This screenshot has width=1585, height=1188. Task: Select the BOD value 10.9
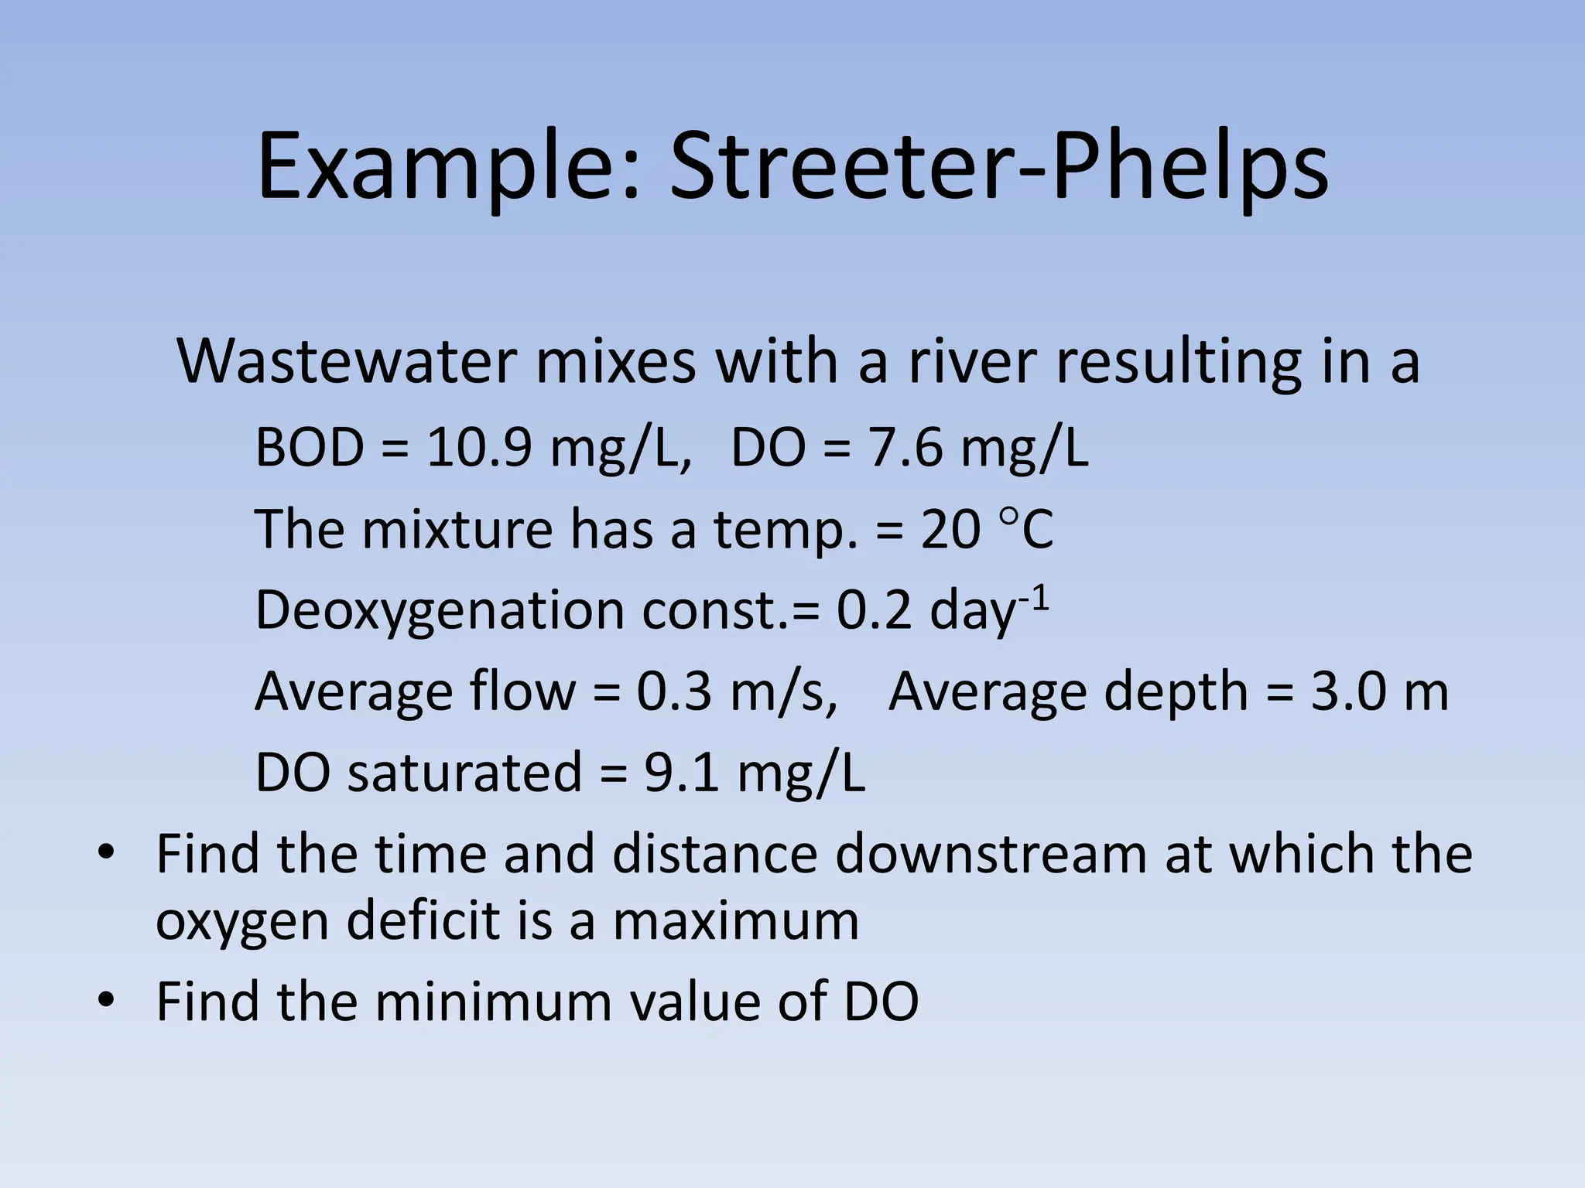(x=479, y=448)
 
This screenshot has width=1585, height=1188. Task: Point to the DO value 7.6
(x=905, y=448)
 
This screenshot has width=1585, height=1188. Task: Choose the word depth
(x=1176, y=693)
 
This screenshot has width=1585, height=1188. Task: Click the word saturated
(x=464, y=773)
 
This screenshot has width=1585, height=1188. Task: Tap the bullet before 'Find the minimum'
(x=105, y=1001)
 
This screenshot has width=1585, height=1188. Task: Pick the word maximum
(x=735, y=921)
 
